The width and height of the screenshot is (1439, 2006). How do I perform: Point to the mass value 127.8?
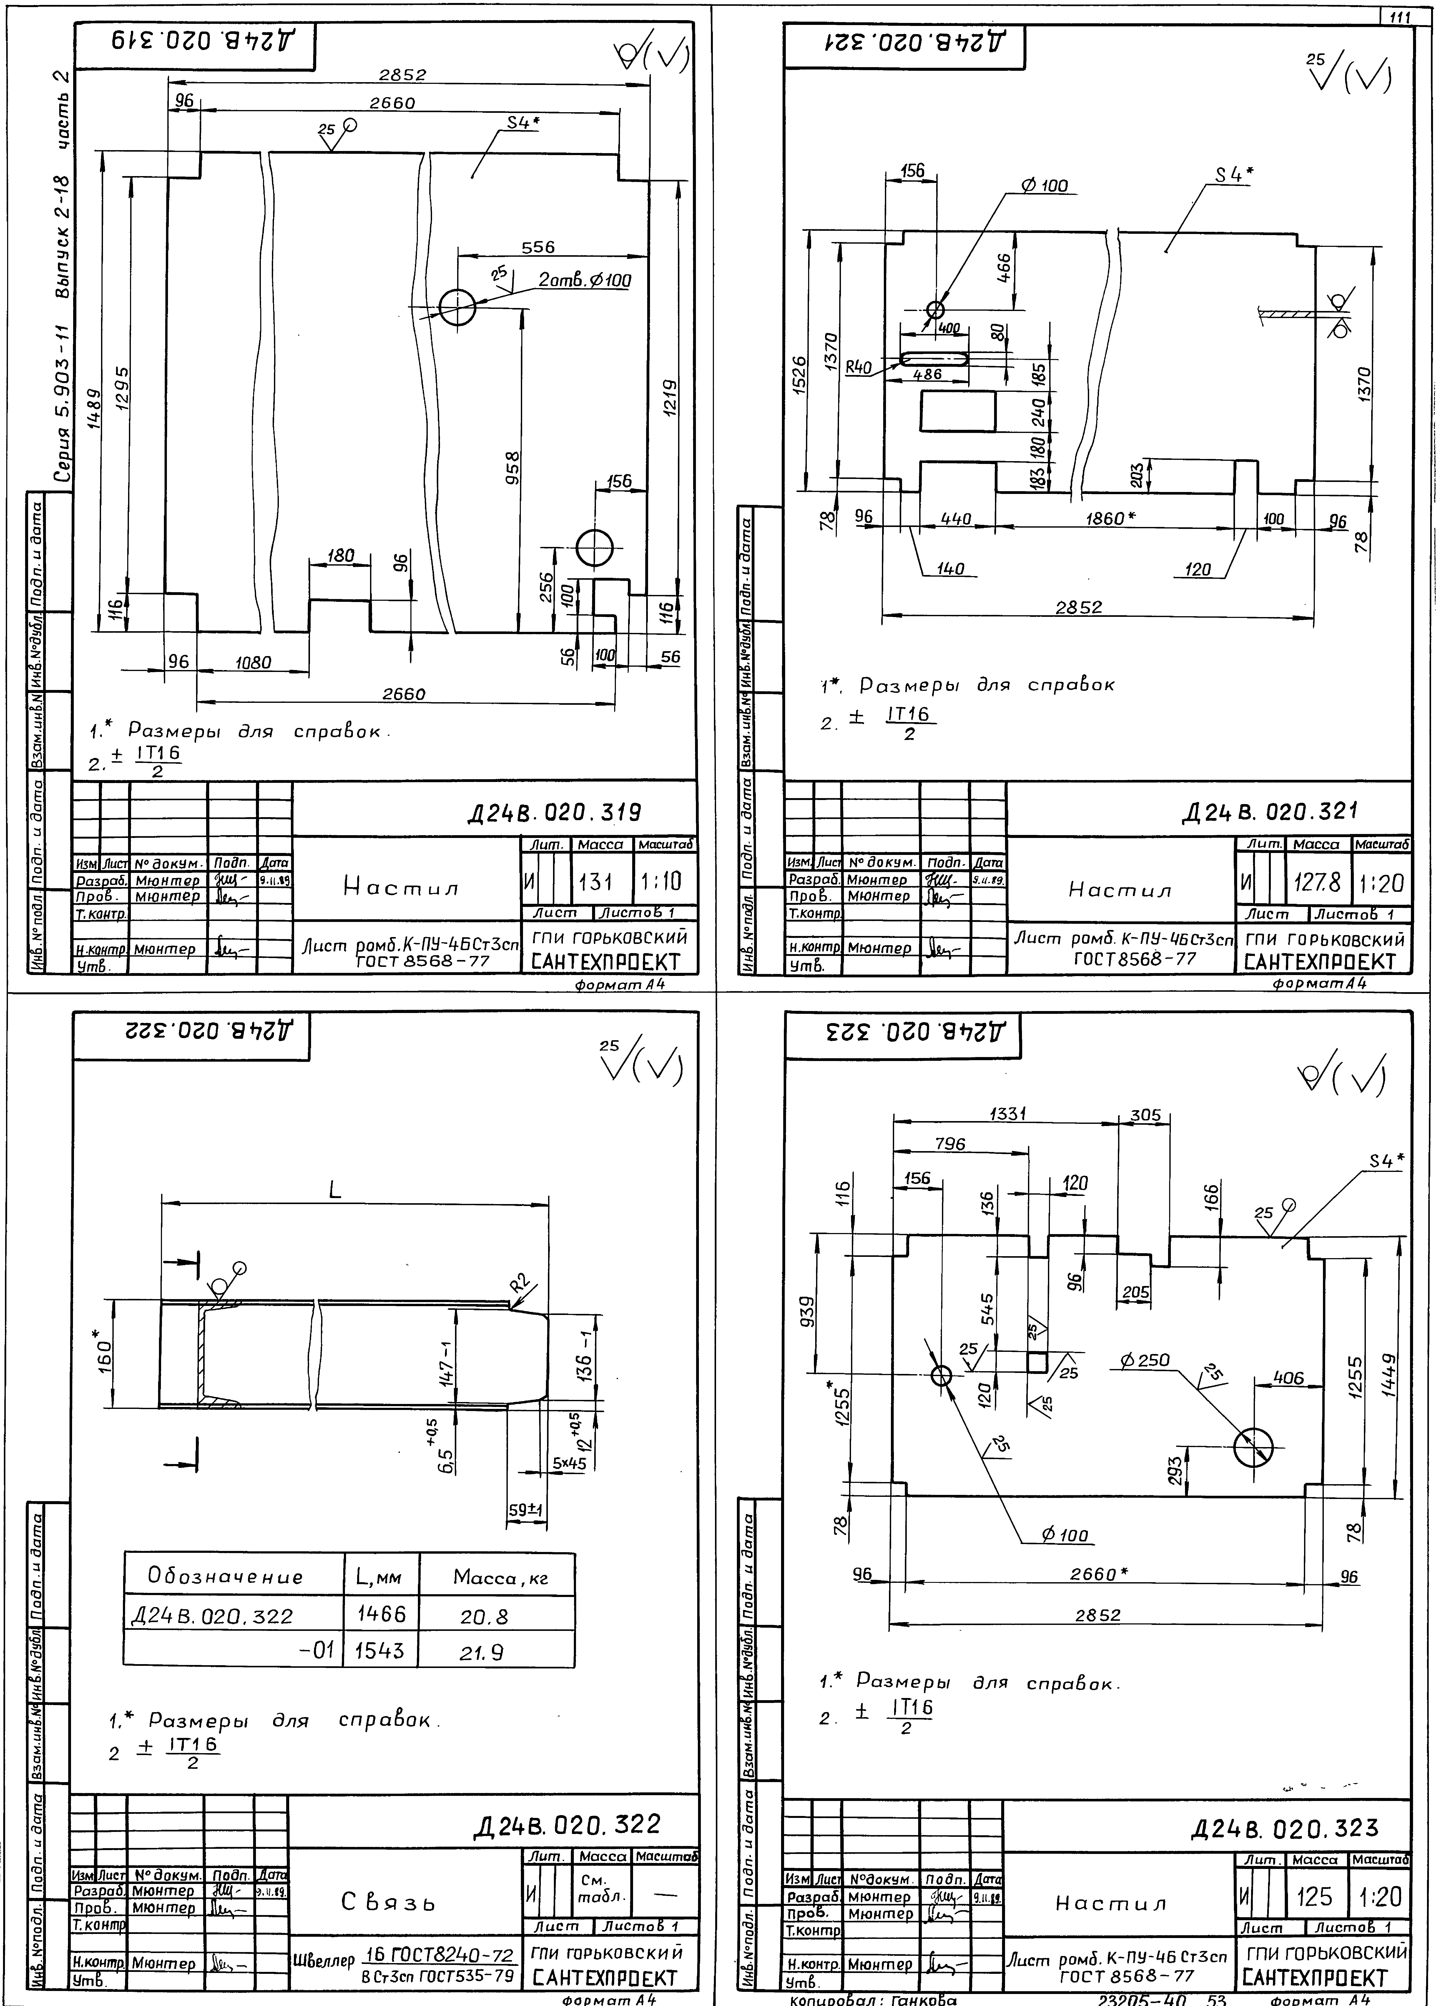[1316, 883]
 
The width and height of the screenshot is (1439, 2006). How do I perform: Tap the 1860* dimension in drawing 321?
[1110, 519]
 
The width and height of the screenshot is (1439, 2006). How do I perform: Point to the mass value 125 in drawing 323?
[1314, 1896]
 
